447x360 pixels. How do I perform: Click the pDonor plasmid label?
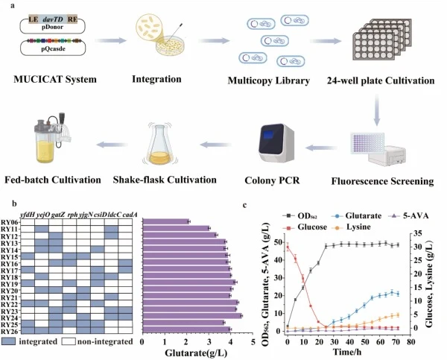pyautogui.click(x=52, y=27)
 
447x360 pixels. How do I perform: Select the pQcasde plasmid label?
pyautogui.click(x=53, y=48)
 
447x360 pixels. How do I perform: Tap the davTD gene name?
pyautogui.click(x=53, y=19)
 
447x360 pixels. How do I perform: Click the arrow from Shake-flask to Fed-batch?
pyautogui.click(x=112, y=145)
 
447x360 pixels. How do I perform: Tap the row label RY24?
pyautogui.click(x=10, y=318)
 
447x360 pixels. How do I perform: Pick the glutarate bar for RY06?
pyautogui.click(x=165, y=221)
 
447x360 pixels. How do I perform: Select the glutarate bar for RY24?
pyautogui.click(x=192, y=316)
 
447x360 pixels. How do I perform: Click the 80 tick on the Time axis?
pyautogui.click(x=410, y=342)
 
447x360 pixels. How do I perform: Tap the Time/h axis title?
pyautogui.click(x=347, y=352)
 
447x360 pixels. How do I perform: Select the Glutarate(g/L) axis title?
pyautogui.click(x=196, y=353)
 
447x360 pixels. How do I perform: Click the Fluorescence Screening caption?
pyautogui.click(x=382, y=181)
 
